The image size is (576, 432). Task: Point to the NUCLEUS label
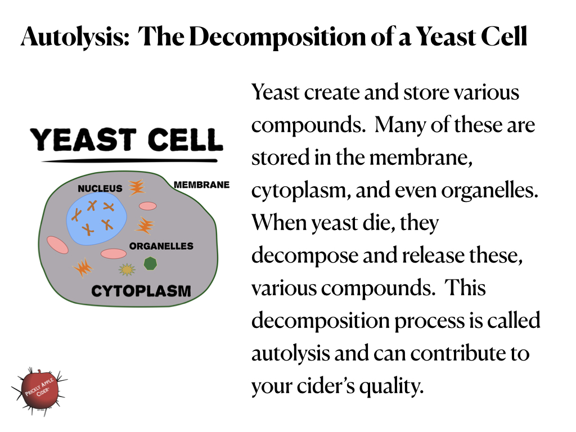(x=100, y=188)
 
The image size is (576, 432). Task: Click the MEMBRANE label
(x=201, y=184)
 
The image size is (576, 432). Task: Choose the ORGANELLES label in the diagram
(x=161, y=246)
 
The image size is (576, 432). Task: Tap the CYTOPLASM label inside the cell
(x=141, y=291)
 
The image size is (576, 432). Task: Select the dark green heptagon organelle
(x=150, y=263)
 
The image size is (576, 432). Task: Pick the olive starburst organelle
(x=128, y=270)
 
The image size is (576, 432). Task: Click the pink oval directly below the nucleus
(x=114, y=254)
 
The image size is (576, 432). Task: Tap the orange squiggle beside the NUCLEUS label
(x=136, y=187)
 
